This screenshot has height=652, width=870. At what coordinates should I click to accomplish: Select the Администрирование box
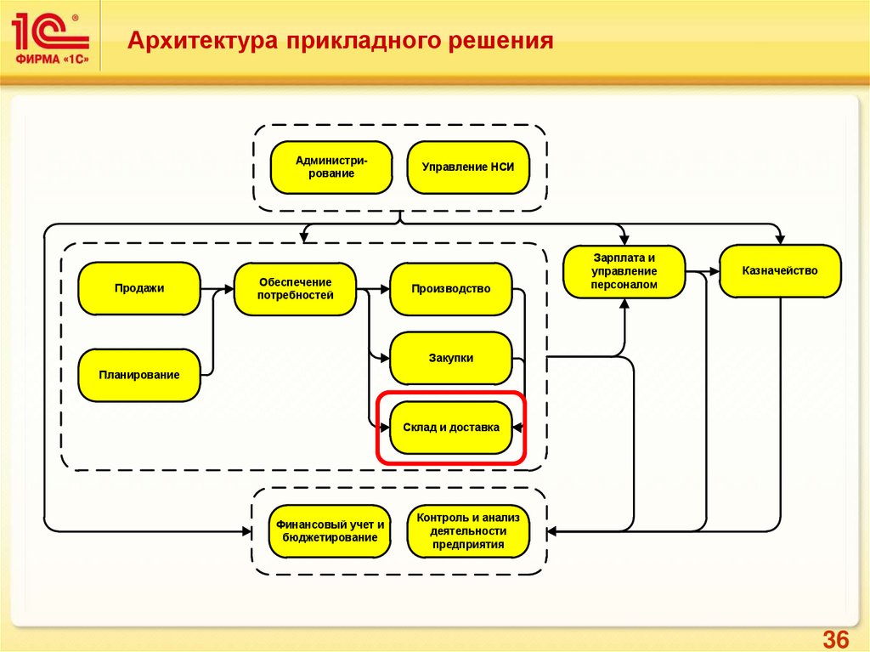pos(330,167)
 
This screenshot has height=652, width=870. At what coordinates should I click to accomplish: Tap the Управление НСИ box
pos(468,167)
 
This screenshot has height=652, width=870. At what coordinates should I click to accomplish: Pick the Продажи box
pos(139,288)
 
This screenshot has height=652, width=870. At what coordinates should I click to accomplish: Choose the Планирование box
pos(139,374)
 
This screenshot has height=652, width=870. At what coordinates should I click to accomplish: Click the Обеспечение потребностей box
pos(295,289)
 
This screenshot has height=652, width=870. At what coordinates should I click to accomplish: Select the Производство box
pos(451,289)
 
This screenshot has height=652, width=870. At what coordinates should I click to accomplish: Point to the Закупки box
pos(451,358)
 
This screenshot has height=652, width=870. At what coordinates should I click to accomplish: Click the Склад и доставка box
pos(451,428)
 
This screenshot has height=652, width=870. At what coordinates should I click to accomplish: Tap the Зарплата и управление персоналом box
pos(624,271)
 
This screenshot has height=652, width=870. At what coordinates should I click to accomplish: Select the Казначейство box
pos(780,271)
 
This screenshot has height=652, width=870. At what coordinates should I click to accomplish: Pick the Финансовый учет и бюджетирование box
pos(330,531)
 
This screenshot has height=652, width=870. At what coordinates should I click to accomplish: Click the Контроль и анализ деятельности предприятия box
pos(468,531)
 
